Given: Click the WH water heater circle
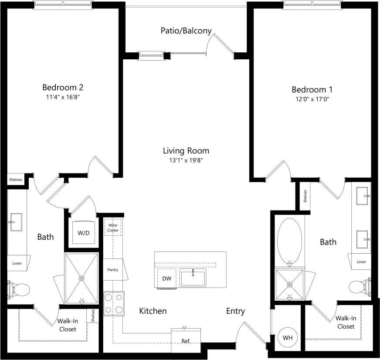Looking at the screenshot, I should coord(288,337).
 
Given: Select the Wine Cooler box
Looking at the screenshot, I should coord(113,228).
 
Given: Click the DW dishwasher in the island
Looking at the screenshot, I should coord(166,278).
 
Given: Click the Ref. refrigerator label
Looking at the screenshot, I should coord(186,340).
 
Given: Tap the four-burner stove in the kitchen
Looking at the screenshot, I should coord(113,303).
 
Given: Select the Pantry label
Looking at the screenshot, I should coord(113,270).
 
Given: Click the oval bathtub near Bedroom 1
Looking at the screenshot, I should coord(289,240).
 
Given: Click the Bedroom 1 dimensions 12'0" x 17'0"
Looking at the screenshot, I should coord(312,99).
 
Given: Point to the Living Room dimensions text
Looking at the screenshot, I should coord(186,160).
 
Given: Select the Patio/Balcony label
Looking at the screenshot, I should coord(186,31).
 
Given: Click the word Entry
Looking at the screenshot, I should coord(235,311).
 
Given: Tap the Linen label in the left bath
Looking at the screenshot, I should coord(17,263).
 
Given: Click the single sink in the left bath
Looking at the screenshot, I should coord(17,222).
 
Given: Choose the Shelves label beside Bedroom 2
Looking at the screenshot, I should coord(16,180).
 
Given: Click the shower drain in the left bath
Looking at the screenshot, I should coord(81,278).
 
